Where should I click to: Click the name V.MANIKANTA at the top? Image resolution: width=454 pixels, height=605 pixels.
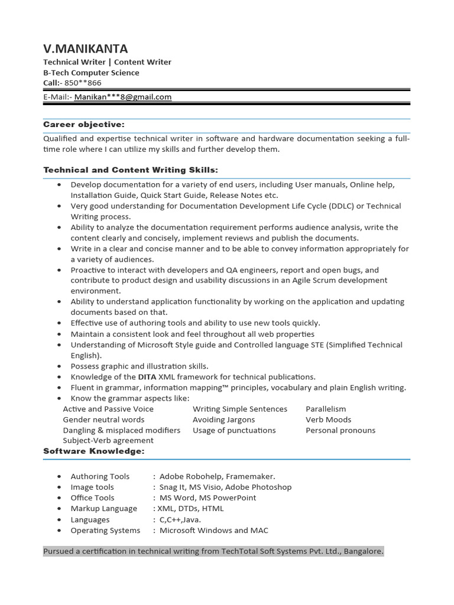coord(86,48)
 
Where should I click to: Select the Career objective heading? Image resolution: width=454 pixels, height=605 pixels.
coord(84,124)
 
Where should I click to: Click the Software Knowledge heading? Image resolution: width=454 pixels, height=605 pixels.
coord(94,451)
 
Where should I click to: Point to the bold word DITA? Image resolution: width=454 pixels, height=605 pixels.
coord(147,377)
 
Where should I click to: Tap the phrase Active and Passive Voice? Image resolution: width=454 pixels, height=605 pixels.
coord(108,409)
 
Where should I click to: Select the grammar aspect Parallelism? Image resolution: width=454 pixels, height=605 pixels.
coord(326,409)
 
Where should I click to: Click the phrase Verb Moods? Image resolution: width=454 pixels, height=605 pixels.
coord(328,419)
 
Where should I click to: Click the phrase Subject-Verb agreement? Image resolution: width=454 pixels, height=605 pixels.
coord(108,440)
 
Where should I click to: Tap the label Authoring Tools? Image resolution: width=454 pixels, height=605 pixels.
coord(100,476)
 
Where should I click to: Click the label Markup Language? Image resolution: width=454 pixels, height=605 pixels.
coord(103,508)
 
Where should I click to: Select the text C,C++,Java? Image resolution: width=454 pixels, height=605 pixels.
coord(180,519)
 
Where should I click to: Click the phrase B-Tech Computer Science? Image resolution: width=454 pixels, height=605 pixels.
coord(92,73)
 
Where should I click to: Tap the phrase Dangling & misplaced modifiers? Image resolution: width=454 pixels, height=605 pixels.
coord(122,430)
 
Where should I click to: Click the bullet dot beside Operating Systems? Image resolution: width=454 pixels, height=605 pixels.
coord(59,531)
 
